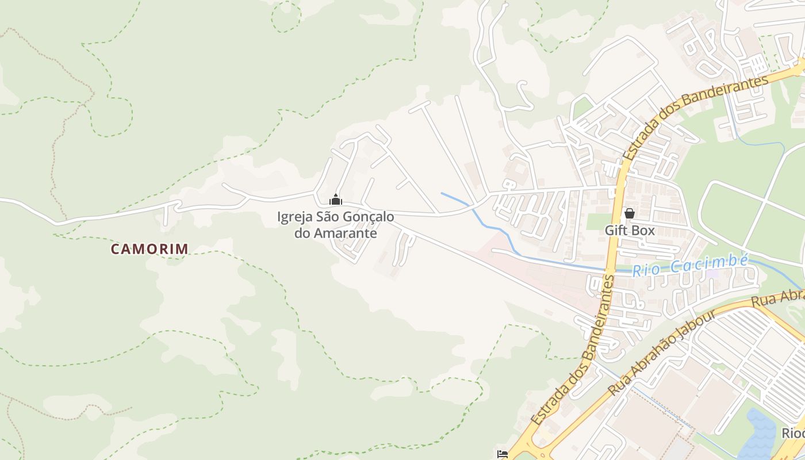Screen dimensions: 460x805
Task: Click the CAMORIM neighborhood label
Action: [x=149, y=249]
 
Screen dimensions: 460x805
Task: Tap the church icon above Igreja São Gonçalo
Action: [x=336, y=200]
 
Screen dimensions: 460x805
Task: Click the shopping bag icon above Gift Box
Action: [x=630, y=213]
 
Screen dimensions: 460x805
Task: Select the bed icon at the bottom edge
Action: [x=503, y=454]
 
